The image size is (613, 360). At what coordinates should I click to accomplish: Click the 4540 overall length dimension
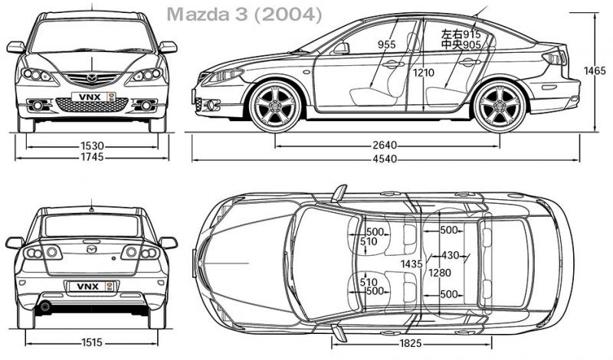(x=385, y=160)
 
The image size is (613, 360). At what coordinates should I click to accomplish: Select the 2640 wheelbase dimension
(x=385, y=144)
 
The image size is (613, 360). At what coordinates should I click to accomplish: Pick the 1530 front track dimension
(x=92, y=145)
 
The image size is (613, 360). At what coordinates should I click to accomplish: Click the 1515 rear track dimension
(x=92, y=342)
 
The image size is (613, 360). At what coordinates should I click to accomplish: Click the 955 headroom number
(x=386, y=45)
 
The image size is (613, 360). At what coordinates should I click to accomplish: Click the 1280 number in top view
(x=440, y=272)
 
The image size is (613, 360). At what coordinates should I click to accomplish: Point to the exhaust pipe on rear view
(x=45, y=307)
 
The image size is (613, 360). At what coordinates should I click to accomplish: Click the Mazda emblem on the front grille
(x=92, y=77)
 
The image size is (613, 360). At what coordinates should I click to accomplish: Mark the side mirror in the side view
(x=341, y=48)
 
